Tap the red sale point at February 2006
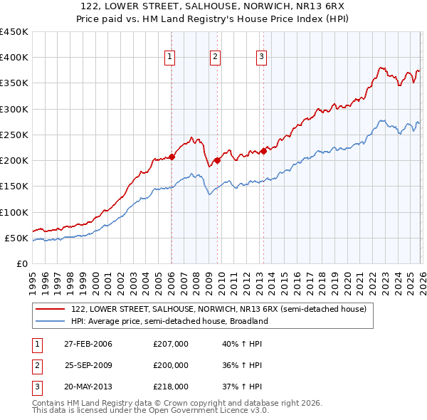(x=172, y=157)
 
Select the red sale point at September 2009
(x=217, y=160)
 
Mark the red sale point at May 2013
(x=263, y=151)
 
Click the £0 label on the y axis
(x=22, y=263)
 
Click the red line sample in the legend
(x=51, y=309)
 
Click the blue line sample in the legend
(x=51, y=321)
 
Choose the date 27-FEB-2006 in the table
(x=88, y=344)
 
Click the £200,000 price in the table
(x=171, y=364)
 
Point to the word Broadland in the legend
(x=248, y=321)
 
